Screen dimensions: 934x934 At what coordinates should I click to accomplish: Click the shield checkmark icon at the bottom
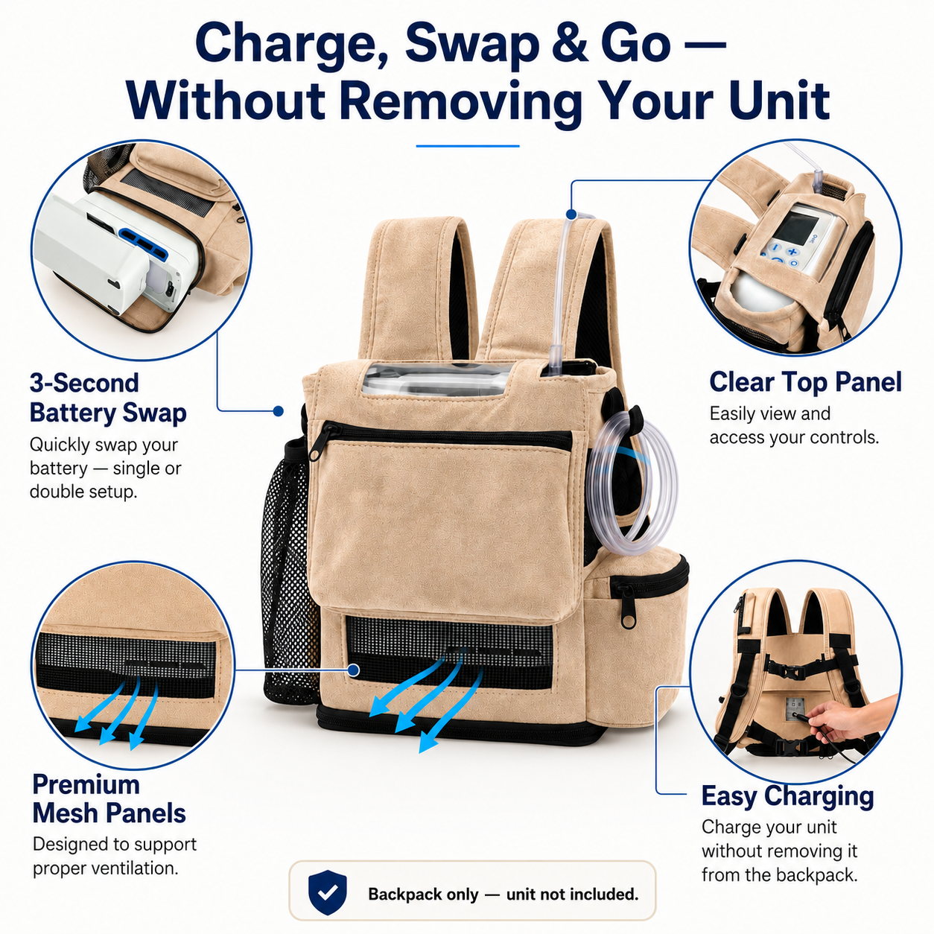pyautogui.click(x=328, y=892)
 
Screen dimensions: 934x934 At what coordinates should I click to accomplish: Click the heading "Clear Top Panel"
pyautogui.click(x=805, y=382)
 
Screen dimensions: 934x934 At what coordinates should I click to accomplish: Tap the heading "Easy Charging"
pyautogui.click(x=787, y=795)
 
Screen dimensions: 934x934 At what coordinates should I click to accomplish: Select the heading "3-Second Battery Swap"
pyautogui.click(x=108, y=398)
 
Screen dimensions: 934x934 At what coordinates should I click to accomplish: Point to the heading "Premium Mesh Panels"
pyautogui.click(x=109, y=798)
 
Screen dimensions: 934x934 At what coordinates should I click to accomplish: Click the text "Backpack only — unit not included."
pyautogui.click(x=503, y=894)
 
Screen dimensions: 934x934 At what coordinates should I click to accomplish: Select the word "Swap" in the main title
pyautogui.click(x=472, y=44)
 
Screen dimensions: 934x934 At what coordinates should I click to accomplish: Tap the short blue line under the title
pyautogui.click(x=468, y=146)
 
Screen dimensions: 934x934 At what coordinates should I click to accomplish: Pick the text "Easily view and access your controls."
pyautogui.click(x=794, y=425)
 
